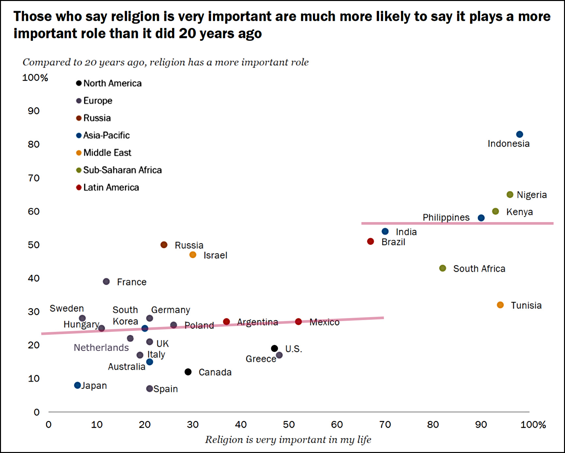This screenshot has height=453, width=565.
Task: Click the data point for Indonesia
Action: point(519,134)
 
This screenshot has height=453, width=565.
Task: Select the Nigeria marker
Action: point(510,195)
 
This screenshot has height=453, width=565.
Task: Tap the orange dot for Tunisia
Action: point(500,305)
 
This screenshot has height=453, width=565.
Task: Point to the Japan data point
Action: point(77,385)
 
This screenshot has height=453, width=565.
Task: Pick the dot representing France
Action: point(106,282)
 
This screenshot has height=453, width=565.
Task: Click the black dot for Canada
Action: point(188,372)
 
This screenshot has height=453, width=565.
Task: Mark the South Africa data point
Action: point(442,268)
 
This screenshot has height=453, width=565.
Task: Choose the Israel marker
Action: point(193,255)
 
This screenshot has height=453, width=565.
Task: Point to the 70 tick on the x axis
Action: point(385,425)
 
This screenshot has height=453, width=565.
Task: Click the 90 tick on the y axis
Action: point(34,111)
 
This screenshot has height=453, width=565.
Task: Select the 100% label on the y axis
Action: point(35,78)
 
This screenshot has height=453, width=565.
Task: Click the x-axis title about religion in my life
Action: point(288,440)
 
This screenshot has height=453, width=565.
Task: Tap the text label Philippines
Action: point(446,218)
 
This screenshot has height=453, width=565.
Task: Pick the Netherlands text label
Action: point(101,348)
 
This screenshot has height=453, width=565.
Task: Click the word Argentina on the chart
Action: point(258,322)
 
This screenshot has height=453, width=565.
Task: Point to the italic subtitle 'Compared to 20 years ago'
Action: point(165,62)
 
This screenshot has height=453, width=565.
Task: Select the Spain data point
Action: point(149,389)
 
